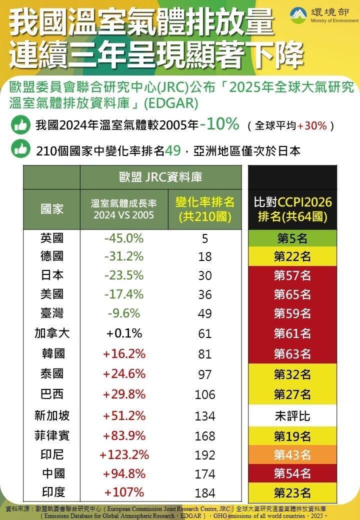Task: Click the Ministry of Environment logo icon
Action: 300,15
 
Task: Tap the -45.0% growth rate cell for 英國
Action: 124,238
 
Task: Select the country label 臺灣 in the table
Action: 52,313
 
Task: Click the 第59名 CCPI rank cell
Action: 292,314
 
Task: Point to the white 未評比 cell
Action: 292,416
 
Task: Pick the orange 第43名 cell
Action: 292,455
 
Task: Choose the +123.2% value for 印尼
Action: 124,455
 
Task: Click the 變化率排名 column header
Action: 205,209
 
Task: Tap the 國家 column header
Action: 52,209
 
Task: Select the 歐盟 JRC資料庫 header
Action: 160,177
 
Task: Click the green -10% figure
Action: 219,124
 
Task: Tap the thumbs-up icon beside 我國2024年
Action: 20,125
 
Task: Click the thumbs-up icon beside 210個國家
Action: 20,149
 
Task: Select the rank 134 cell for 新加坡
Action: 205,416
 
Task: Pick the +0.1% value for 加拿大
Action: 124,333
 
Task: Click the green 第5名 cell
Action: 292,238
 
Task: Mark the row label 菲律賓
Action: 52,435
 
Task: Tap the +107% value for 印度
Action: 124,492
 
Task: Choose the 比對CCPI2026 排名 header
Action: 292,209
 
